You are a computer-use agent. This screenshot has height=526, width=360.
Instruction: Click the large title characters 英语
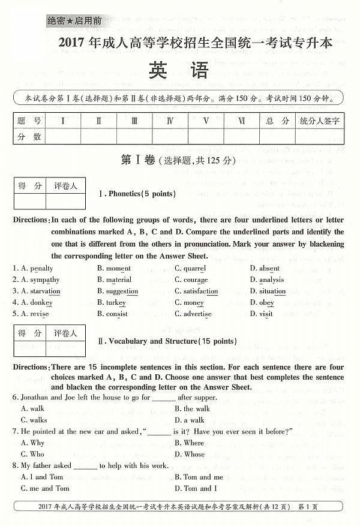click(x=180, y=71)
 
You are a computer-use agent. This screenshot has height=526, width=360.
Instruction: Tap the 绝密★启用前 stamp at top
click(x=74, y=20)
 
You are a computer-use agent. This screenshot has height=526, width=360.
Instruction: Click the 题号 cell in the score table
click(x=29, y=121)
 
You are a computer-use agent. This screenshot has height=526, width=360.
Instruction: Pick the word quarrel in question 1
click(x=194, y=268)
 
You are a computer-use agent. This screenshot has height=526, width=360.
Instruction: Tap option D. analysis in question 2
click(x=267, y=279)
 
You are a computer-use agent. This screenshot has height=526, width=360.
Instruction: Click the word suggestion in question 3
click(x=122, y=291)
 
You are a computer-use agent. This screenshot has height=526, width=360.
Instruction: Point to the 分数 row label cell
click(x=29, y=136)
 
